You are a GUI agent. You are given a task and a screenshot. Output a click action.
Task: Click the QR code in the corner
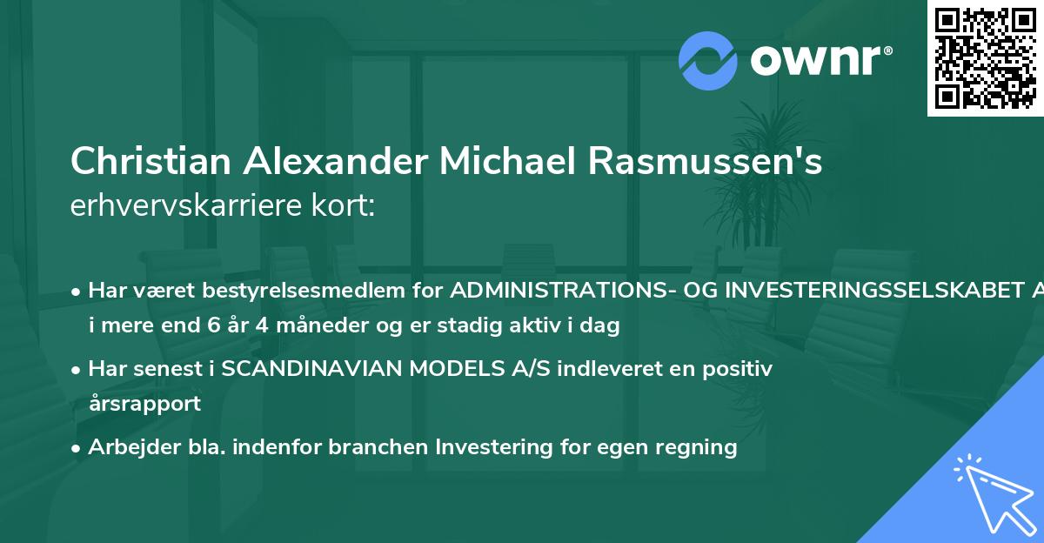[986, 57]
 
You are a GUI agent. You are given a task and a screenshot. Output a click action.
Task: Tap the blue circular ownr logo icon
[708, 60]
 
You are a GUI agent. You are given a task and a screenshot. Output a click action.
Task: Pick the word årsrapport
[144, 404]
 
